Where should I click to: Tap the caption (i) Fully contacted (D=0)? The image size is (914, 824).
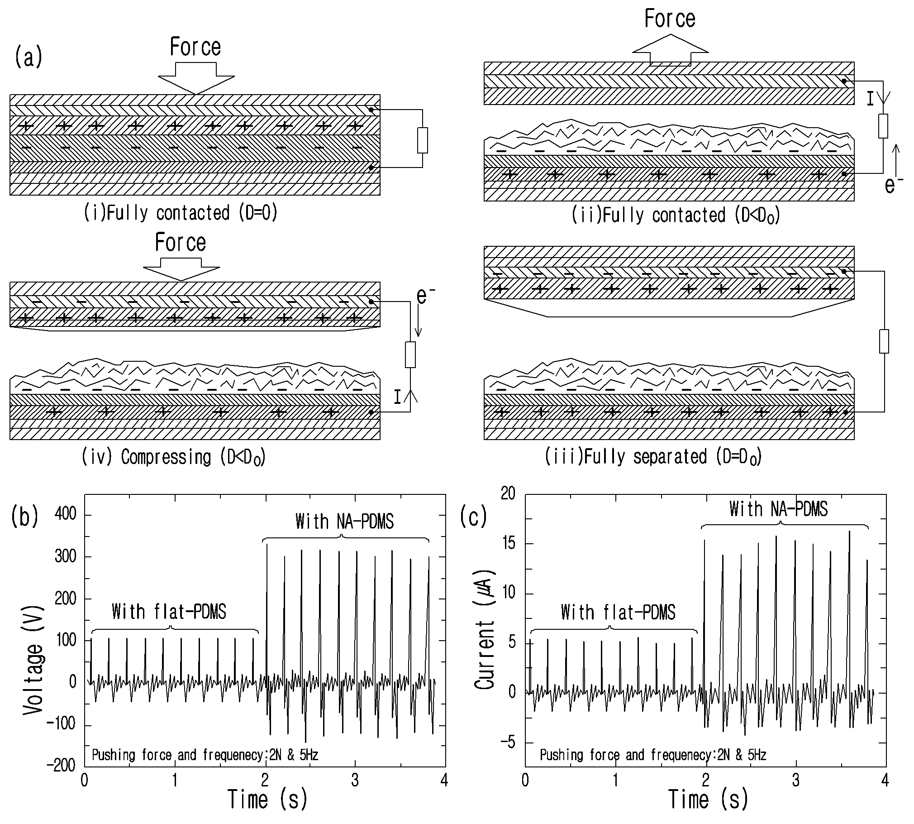pos(181,213)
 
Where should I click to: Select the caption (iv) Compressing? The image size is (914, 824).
pos(173,457)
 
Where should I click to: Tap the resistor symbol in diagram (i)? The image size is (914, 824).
pos(422,140)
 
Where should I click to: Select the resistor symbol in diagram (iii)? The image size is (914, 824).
pos(884,341)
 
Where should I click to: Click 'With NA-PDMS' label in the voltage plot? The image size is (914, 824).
pos(345,522)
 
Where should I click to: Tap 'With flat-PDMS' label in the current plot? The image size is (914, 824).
pos(618,612)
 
